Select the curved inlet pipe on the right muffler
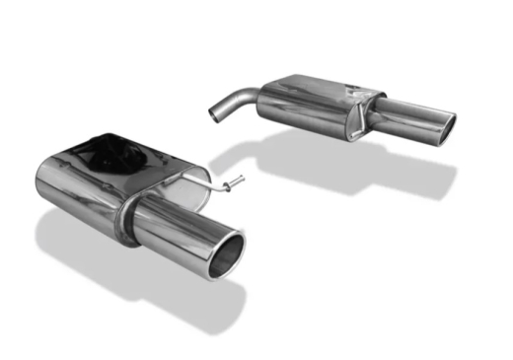pos(235,101)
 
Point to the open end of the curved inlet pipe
pos(214,113)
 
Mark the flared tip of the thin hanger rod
pos(236,181)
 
